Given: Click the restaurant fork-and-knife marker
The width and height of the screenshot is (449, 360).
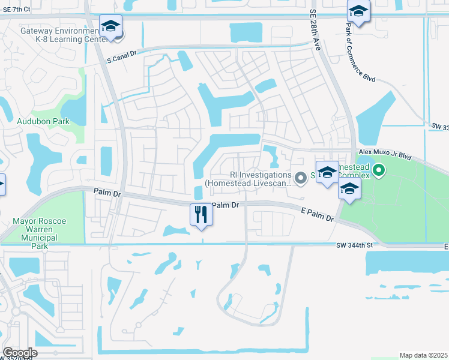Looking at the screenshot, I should click(201, 214).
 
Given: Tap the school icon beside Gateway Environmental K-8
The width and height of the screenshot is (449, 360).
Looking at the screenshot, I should click(110, 26).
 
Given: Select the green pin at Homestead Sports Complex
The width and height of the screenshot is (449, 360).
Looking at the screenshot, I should click(378, 172).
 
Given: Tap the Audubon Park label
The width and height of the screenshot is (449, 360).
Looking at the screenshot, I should click(43, 121).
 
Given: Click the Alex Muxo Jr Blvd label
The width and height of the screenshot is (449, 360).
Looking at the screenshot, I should click(385, 154).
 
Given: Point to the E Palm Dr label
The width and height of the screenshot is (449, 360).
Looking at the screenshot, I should click(316, 214).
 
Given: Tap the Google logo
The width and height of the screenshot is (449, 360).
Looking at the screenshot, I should click(20, 353).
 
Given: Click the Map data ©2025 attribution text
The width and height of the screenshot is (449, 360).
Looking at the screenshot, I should click(423, 355).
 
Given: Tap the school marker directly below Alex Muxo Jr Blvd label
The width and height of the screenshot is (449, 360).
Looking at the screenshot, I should click(349, 190).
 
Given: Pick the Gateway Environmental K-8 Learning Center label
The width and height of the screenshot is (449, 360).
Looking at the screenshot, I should click(57, 35).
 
